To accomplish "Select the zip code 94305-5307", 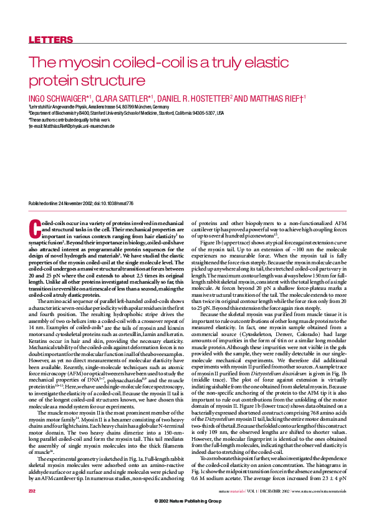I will [196, 113].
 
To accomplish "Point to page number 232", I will [32, 509].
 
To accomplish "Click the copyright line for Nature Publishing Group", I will [185, 519].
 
